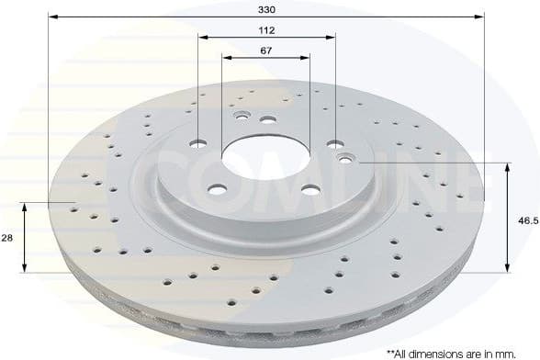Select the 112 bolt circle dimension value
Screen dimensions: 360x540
point(267,29)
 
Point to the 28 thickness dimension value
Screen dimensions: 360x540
point(7,237)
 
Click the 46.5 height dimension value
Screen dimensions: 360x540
point(526,221)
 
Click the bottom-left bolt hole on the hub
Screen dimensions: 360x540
point(218,189)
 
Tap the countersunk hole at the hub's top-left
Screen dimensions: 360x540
point(242,117)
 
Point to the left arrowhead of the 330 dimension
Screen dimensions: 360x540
point(51,17)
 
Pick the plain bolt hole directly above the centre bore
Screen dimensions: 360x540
point(267,119)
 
